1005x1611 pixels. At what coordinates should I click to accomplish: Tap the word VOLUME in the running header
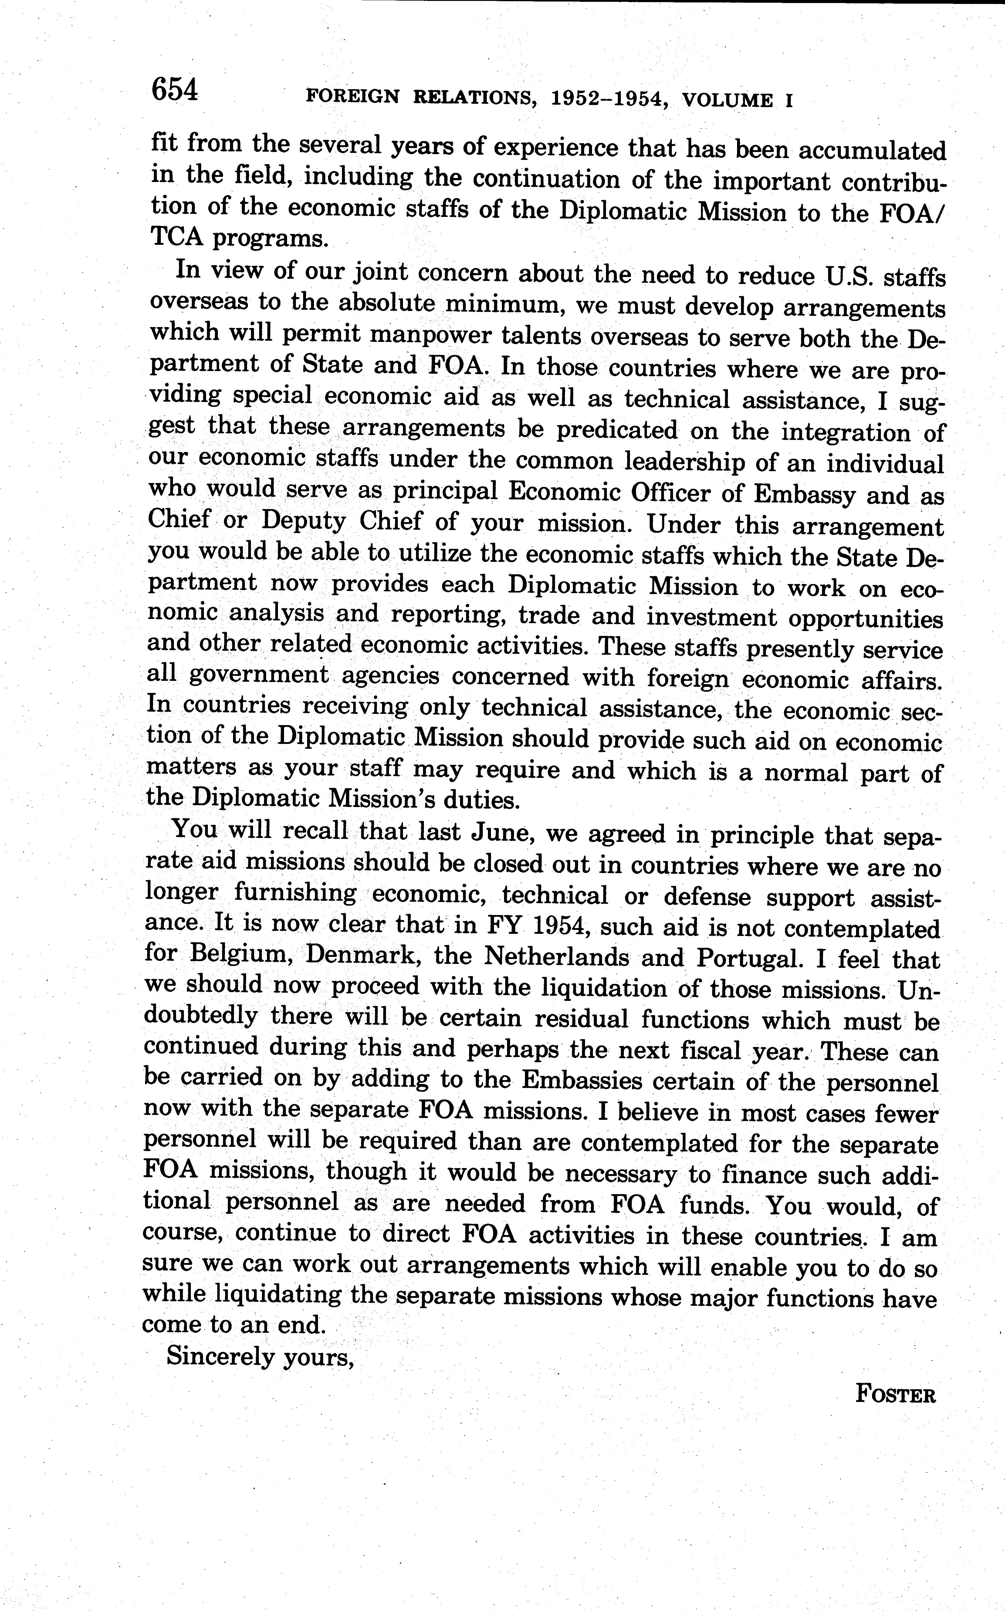(x=728, y=100)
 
